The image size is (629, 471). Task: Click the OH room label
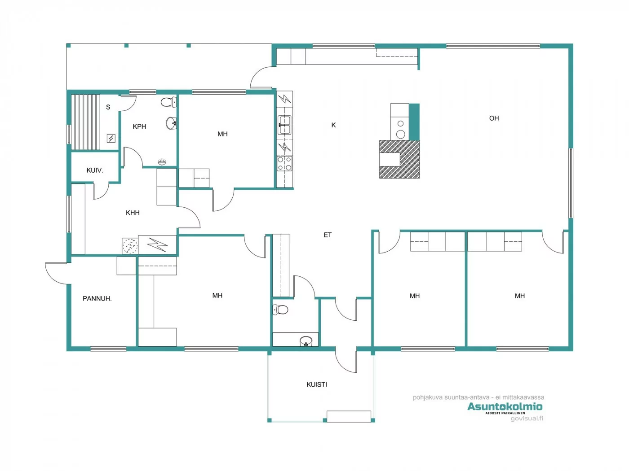click(494, 118)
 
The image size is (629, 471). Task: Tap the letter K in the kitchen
click(333, 125)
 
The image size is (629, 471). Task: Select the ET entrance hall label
click(328, 235)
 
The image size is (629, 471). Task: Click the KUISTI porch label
click(317, 384)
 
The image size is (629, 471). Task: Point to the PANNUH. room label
click(97, 299)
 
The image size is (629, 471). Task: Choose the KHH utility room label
click(133, 213)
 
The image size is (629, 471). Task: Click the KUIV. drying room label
click(95, 170)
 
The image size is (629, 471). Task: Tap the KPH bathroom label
click(139, 126)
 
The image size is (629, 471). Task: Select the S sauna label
click(108, 107)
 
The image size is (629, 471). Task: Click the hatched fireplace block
click(399, 159)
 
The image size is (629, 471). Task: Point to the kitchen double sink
click(284, 125)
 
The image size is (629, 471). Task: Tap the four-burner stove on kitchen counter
click(284, 163)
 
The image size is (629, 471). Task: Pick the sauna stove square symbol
click(111, 139)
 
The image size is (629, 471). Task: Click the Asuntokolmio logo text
click(505, 406)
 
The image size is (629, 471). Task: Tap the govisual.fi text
click(527, 419)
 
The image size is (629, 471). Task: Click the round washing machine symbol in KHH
click(130, 246)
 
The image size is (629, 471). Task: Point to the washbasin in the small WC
click(306, 341)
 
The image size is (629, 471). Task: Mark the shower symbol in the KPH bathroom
click(162, 162)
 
